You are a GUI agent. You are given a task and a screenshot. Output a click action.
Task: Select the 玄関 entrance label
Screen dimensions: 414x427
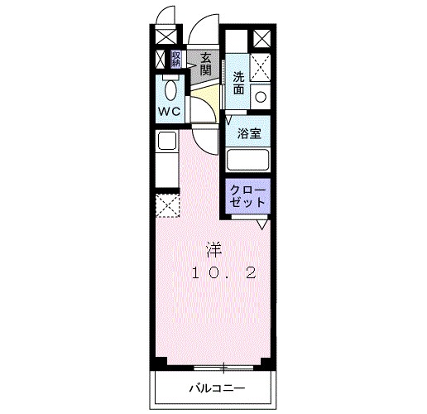tap(204, 65)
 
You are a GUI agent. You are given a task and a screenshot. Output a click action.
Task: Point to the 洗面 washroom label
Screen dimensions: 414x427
tap(238, 83)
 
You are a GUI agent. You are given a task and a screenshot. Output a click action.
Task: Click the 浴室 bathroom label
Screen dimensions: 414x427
tap(250, 132)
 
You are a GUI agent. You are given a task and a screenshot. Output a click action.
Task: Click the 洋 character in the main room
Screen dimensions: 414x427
tap(213, 248)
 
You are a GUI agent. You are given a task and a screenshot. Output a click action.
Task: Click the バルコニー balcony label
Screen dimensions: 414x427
tap(213, 387)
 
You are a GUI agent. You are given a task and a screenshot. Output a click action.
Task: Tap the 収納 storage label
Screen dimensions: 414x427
tap(176, 59)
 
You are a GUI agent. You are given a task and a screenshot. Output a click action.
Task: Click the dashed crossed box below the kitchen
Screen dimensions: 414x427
tap(167, 205)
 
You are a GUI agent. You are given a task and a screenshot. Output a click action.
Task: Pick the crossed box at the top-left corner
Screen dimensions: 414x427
tap(164, 37)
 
